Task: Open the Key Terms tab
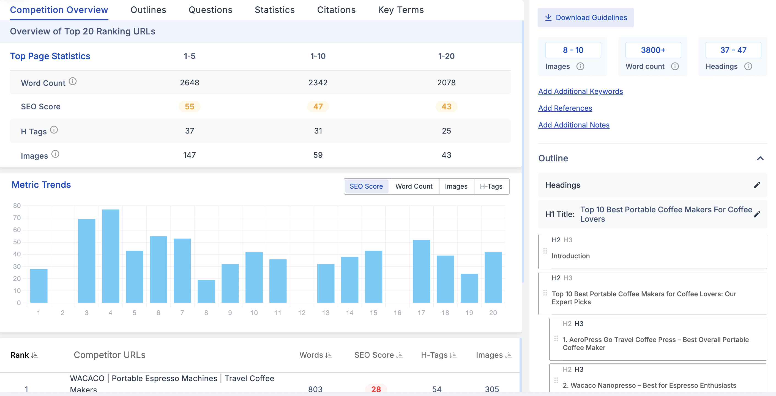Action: click(401, 10)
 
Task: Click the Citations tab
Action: click(336, 10)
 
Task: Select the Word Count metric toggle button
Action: click(414, 186)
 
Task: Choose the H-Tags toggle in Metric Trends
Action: click(491, 186)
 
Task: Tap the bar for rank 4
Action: click(111, 256)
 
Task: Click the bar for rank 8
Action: click(206, 291)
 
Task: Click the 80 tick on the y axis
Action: click(17, 205)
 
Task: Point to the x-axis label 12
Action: click(302, 313)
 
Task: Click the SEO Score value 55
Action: click(190, 106)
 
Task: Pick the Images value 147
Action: click(190, 155)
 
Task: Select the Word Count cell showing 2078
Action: click(446, 83)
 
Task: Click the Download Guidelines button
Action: click(586, 17)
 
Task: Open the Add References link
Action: click(565, 108)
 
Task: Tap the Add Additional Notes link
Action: click(573, 125)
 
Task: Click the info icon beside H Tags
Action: click(54, 130)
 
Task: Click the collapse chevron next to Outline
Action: click(760, 158)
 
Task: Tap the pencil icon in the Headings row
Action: click(757, 185)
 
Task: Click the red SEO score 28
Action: click(376, 389)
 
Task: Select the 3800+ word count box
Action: click(653, 50)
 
